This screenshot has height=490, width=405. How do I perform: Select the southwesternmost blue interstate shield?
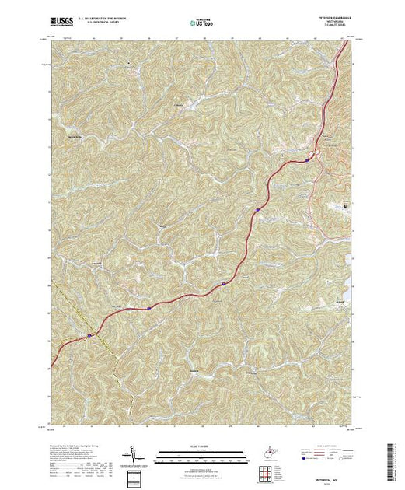pos(90,335)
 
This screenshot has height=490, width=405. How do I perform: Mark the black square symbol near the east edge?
pos(347,206)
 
